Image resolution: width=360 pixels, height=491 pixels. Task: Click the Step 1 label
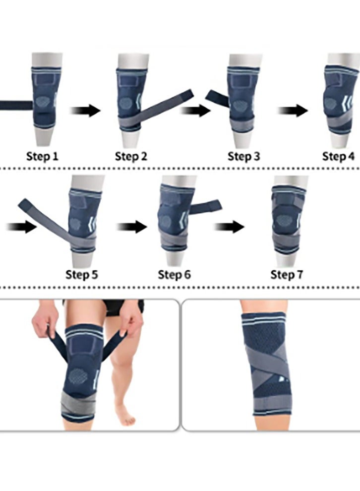click(42, 157)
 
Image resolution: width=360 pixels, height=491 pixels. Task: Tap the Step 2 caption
click(131, 157)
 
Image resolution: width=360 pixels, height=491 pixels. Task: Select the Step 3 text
click(243, 157)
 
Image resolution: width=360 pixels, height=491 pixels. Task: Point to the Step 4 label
click(339, 157)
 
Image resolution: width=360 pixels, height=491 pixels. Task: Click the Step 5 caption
click(82, 274)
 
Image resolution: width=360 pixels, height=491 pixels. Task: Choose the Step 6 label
click(175, 274)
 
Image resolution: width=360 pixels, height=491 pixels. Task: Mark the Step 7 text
click(287, 274)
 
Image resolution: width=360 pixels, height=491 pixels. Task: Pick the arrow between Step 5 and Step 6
click(131, 228)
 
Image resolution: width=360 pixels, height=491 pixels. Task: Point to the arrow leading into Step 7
click(229, 228)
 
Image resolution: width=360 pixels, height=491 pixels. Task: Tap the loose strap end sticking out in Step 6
click(208, 205)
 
